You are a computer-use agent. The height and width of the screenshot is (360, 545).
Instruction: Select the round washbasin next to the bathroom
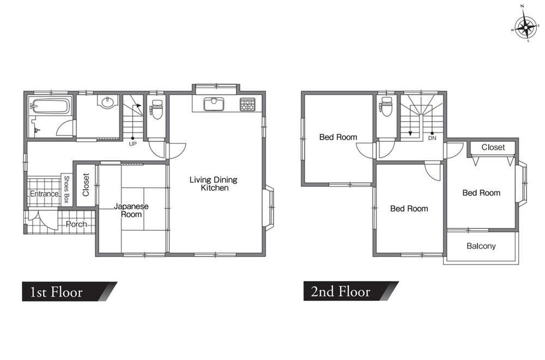click(x=107, y=102)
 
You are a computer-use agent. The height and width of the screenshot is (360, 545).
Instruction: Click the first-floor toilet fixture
click(x=157, y=109)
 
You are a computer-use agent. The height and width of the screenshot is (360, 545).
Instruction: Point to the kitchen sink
click(x=214, y=104)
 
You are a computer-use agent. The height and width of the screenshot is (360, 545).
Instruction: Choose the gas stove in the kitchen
click(x=247, y=104)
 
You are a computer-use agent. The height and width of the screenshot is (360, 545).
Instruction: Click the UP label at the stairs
click(x=133, y=143)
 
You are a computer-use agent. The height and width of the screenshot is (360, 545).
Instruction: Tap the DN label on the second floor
click(x=432, y=138)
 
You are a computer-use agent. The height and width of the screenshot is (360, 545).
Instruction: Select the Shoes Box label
click(x=66, y=189)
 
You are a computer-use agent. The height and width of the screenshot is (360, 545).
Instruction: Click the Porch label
click(x=76, y=224)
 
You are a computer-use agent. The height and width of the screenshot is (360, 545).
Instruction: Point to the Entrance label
click(x=44, y=194)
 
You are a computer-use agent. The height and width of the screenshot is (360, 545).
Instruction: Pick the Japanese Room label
click(x=131, y=211)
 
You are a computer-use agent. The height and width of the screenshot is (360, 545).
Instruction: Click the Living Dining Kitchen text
click(x=214, y=184)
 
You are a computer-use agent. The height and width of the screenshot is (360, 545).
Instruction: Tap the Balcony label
click(x=481, y=246)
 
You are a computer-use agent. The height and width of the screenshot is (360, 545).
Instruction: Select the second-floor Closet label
click(x=493, y=147)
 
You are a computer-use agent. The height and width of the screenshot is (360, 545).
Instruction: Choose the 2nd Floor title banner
click(x=351, y=291)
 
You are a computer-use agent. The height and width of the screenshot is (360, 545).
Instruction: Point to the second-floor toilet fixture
click(x=386, y=106)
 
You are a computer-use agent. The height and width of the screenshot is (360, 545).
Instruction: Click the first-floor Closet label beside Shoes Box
click(x=86, y=185)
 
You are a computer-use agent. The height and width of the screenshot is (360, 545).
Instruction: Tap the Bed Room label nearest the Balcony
click(x=481, y=193)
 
